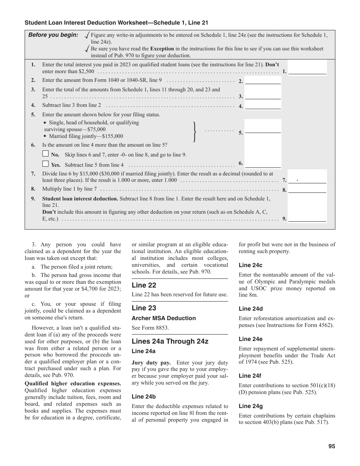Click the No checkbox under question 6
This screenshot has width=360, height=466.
(x=45, y=154)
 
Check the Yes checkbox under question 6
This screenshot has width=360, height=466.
(x=45, y=164)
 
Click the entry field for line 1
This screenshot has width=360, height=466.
(x=307, y=70)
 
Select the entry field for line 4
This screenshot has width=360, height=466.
(x=263, y=106)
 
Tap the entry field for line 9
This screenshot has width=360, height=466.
(x=307, y=218)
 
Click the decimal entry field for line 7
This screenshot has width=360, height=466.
(x=307, y=180)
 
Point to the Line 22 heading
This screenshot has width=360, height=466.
(x=144, y=285)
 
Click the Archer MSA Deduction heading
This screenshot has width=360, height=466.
(x=164, y=318)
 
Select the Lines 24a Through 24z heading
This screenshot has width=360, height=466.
(x=170, y=341)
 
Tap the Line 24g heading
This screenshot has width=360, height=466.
(x=250, y=406)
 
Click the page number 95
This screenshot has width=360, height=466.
(x=332, y=446)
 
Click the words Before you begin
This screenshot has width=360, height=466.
(x=53, y=35)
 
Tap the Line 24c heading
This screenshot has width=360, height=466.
(x=250, y=265)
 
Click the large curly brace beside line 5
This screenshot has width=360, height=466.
(x=195, y=131)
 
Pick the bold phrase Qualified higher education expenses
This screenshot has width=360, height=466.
(x=73, y=383)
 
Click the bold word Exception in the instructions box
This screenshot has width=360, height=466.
(x=162, y=48)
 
